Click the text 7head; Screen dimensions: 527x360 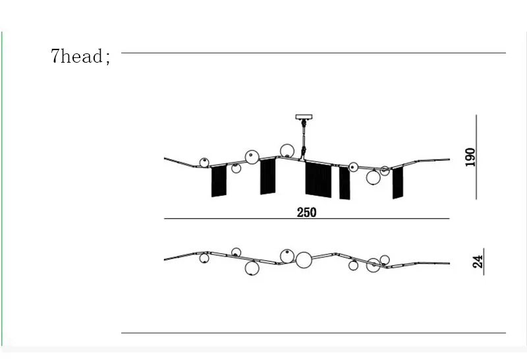coord(80,56)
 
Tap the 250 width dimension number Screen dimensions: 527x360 coord(306,212)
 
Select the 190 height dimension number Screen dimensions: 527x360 coord(470,157)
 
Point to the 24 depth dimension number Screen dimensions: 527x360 coord(478,262)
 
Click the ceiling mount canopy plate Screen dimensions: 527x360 coord(304,117)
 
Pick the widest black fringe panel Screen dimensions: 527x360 coord(318,179)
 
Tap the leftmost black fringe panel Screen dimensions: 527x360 coord(219,181)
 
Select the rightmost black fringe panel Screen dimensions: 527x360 coord(398,183)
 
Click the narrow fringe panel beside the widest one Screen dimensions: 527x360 coord(345,183)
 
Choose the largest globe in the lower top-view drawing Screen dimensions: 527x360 coord(304,260)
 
